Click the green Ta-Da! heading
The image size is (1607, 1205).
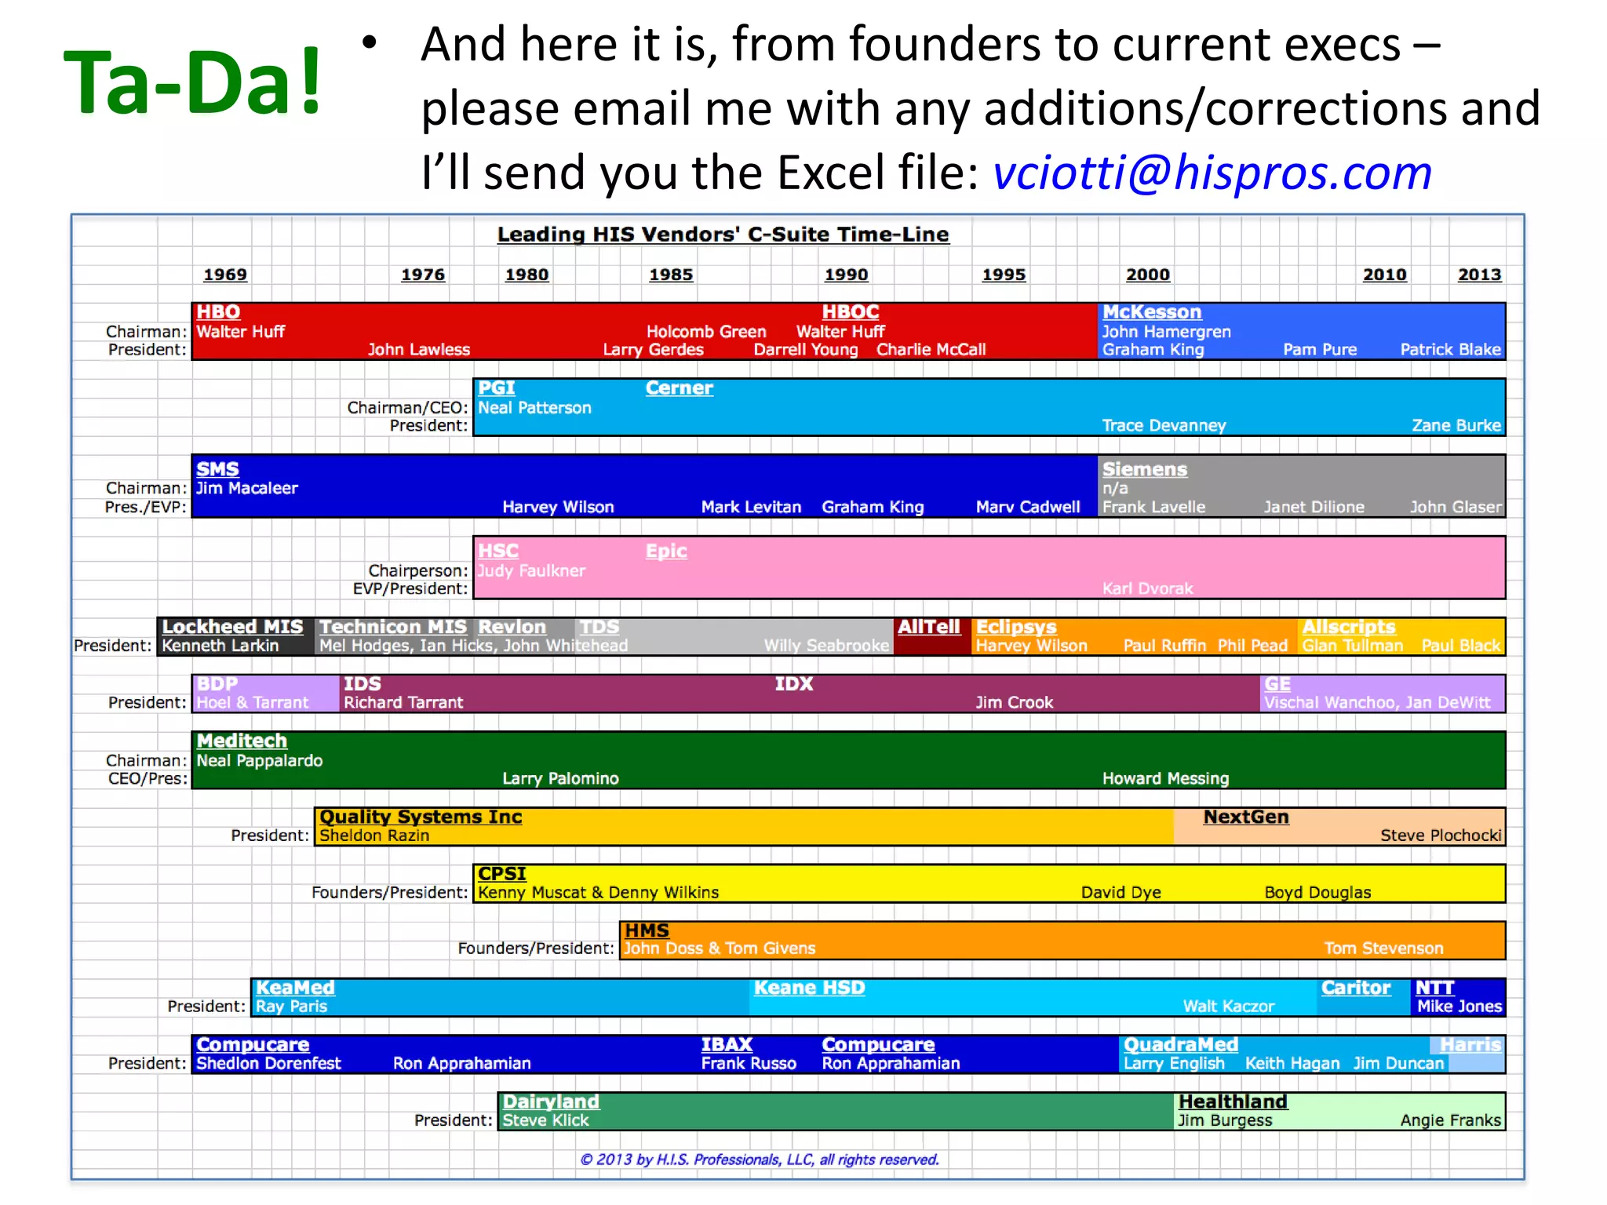pos(192,82)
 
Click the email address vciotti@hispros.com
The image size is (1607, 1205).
pos(1212,173)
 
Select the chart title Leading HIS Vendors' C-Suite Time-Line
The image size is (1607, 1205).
pos(723,235)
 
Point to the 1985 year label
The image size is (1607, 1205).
pos(670,275)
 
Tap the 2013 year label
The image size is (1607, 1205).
pos(1479,275)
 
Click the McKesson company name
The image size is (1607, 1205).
pos(1151,312)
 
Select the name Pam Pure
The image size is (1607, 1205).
pos(1319,350)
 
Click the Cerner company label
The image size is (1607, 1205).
pos(679,388)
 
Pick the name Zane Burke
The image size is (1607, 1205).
pos(1456,426)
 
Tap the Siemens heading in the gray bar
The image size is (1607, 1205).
pos(1144,469)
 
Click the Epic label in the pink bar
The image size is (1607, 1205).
pos(665,552)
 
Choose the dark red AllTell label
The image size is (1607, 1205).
pos(928,627)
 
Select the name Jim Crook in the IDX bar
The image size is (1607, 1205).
pos(1014,703)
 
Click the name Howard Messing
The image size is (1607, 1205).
pos(1165,779)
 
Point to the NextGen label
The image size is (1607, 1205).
pos(1245,817)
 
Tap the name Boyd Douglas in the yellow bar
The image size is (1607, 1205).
pos(1317,893)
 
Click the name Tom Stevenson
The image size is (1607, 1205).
pos(1383,948)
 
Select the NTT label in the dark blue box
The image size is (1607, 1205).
pos(1434,988)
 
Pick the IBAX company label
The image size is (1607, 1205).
pos(727,1045)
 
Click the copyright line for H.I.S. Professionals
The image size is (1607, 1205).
pos(759,1159)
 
